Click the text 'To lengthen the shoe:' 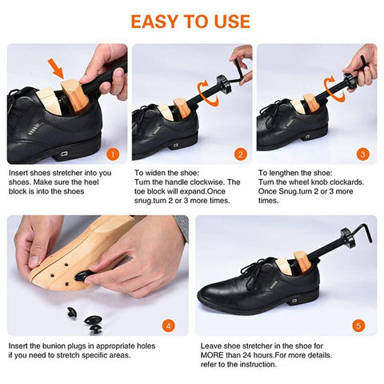(293, 173)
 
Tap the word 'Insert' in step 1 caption (18, 173)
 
